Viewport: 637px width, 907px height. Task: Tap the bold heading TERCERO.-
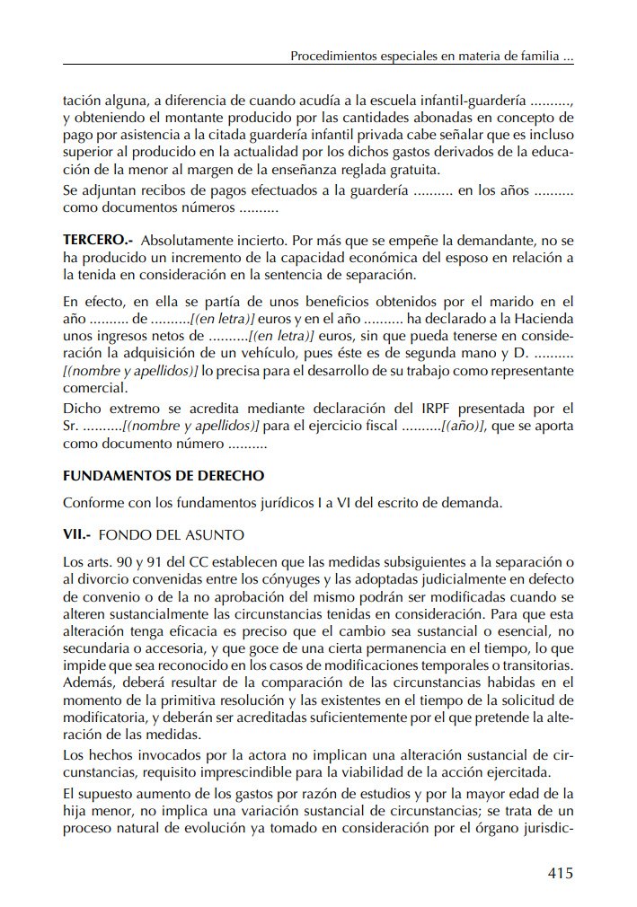pyautogui.click(x=98, y=242)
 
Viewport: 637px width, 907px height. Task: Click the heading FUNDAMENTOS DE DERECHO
pyautogui.click(x=164, y=475)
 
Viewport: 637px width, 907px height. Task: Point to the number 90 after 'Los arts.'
pyautogui.click(x=120, y=561)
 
